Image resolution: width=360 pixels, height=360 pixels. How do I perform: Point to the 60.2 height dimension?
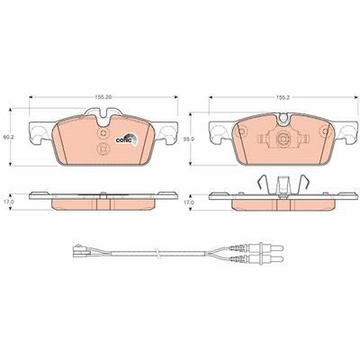(x=6, y=137)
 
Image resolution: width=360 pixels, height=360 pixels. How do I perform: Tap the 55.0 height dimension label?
(x=186, y=139)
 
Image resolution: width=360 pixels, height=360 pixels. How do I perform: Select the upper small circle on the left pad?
(x=103, y=134)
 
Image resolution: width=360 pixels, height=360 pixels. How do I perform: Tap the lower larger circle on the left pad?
(x=103, y=148)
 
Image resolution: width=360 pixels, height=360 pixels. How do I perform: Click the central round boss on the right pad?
(x=283, y=139)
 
